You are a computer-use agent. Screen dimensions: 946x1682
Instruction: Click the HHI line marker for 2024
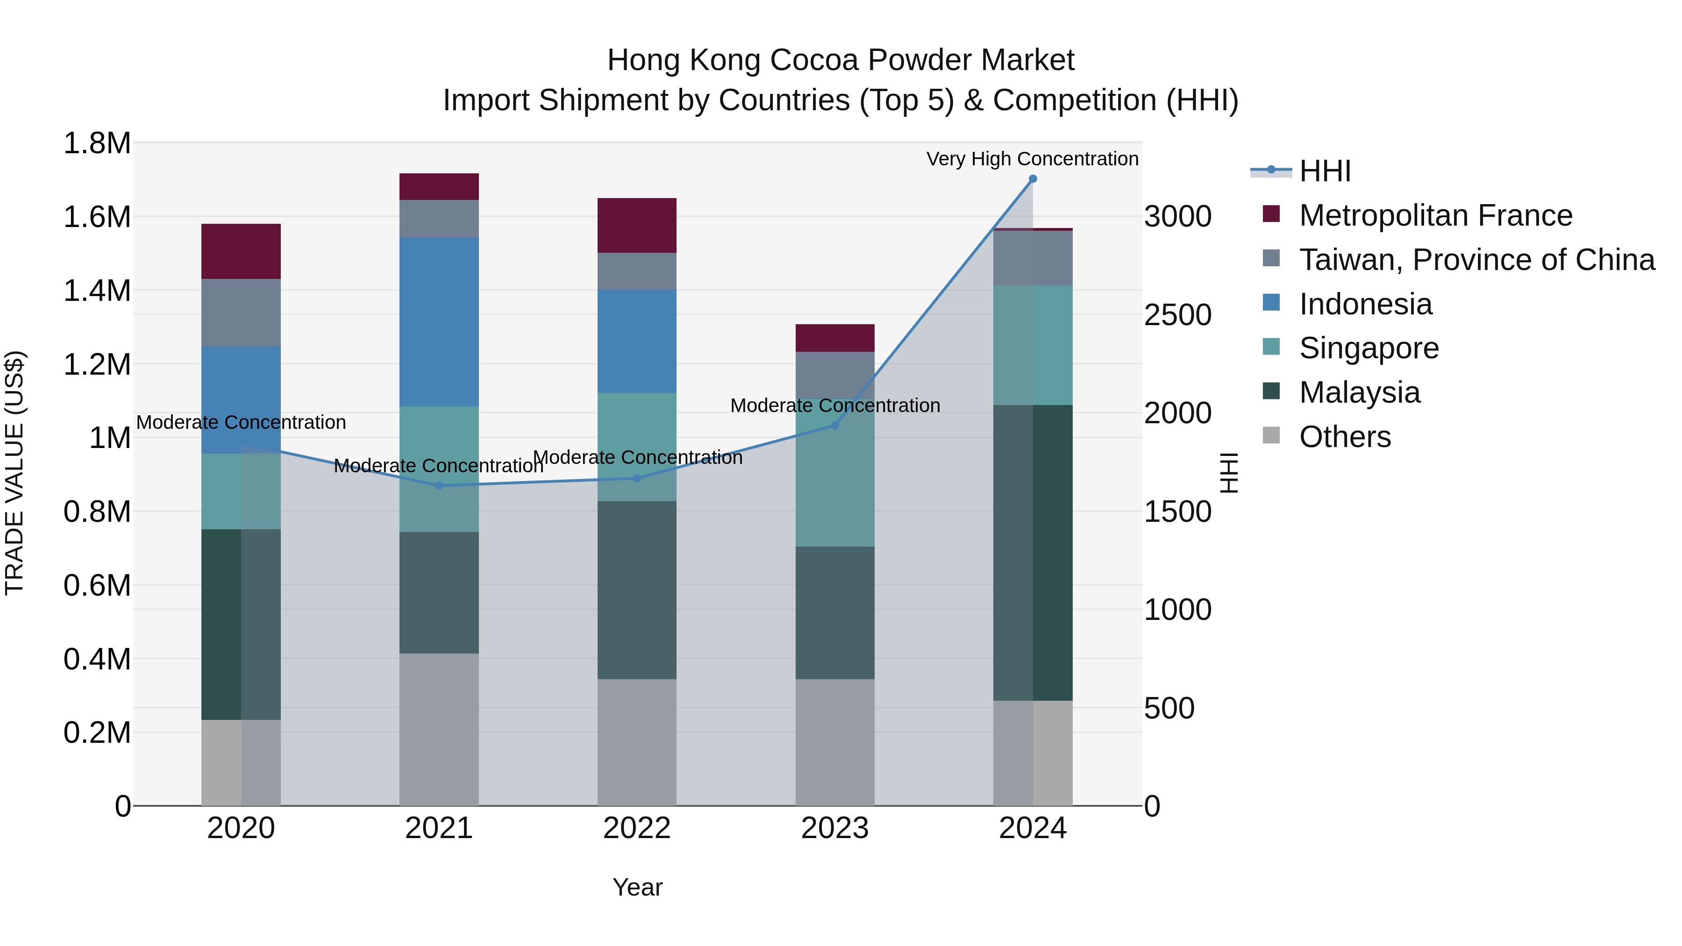click(1032, 179)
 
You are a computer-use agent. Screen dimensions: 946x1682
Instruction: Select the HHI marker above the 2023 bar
click(834, 426)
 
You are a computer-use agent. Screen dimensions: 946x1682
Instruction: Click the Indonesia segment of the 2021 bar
click(439, 322)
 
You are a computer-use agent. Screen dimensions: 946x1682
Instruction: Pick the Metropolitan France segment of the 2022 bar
click(637, 225)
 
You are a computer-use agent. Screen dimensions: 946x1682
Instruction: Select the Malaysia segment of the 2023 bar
click(834, 612)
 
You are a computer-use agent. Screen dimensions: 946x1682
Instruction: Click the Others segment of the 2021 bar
click(439, 729)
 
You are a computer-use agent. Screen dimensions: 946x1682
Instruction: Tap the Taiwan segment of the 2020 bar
click(241, 313)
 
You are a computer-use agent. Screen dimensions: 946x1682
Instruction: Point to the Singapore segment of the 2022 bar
click(637, 447)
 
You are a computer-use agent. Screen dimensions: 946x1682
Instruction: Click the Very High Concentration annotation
click(1032, 159)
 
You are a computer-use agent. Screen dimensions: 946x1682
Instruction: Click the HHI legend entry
click(1325, 171)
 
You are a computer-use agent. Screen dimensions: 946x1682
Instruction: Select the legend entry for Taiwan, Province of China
click(1476, 260)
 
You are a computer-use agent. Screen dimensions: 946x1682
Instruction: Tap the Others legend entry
click(1344, 437)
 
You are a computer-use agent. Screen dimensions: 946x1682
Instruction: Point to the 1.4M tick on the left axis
click(97, 291)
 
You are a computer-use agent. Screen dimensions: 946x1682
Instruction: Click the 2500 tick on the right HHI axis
click(1177, 315)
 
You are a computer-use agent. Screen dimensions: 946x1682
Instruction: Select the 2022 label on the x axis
click(637, 828)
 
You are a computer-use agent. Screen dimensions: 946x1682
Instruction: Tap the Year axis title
click(637, 887)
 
